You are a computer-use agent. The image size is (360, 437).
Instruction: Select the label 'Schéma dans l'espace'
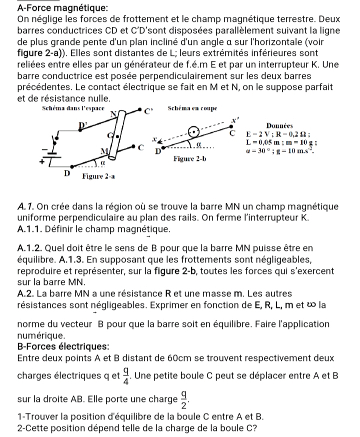pos(73,108)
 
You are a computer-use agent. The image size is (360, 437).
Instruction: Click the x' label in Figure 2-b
pos(231,119)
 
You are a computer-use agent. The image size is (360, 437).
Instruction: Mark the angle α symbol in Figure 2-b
pos(198,143)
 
